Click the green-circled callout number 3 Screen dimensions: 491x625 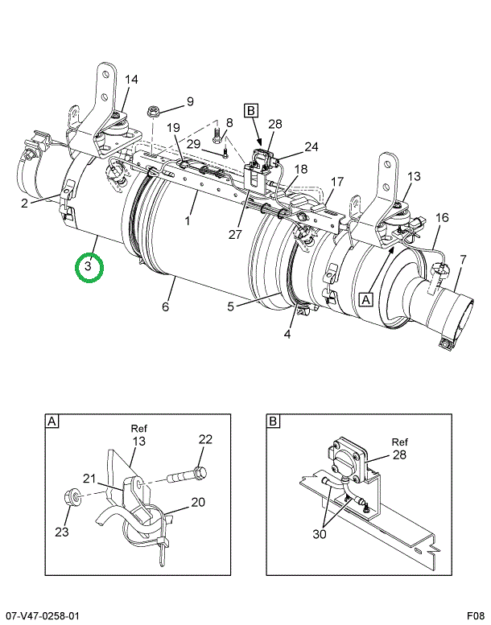point(89,265)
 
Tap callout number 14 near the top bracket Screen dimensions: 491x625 point(131,80)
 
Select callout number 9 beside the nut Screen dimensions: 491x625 point(190,101)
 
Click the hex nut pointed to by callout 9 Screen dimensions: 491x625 point(152,111)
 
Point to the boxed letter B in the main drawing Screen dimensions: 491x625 point(251,110)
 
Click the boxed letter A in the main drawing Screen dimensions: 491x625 point(366,299)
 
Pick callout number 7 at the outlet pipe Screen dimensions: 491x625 point(463,261)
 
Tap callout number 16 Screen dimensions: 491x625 point(442,218)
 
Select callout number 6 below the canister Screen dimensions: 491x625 point(166,306)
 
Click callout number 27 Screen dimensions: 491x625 point(235,234)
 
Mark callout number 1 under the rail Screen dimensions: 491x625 point(188,220)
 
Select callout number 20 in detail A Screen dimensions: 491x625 point(198,502)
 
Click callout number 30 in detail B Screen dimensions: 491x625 point(319,534)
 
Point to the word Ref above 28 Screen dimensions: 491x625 point(400,442)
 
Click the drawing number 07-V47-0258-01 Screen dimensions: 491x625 point(40,616)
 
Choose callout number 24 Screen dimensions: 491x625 point(312,146)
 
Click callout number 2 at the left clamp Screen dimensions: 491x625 point(25,204)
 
